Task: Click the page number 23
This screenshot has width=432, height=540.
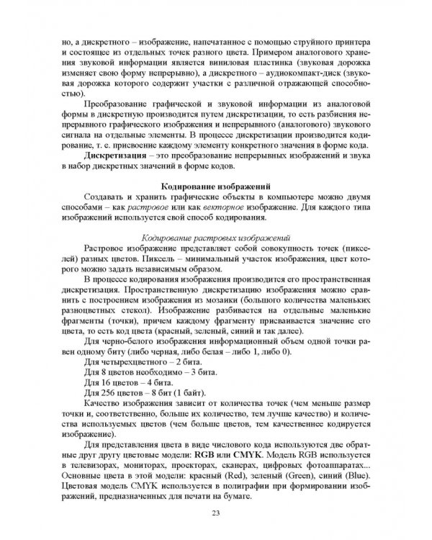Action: [216, 513]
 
